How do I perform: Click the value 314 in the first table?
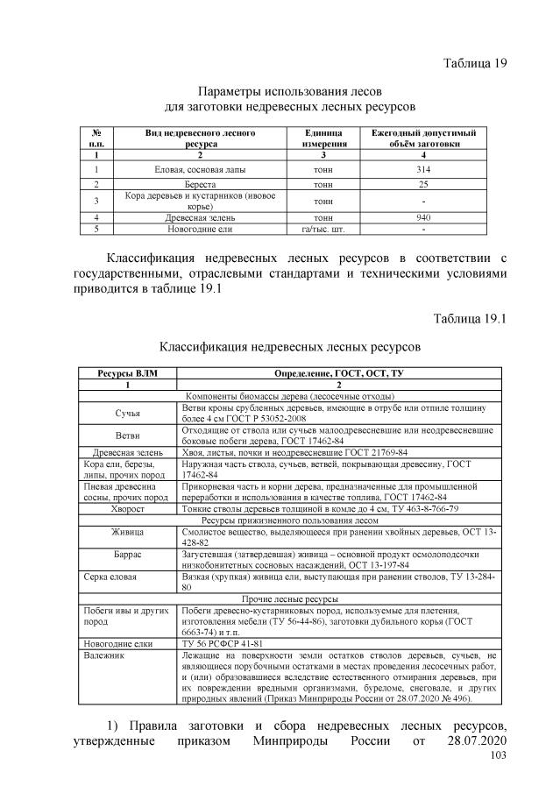(422, 168)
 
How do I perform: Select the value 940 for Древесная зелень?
(422, 216)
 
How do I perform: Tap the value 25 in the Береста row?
(422, 184)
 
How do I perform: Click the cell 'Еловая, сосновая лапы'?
(201, 168)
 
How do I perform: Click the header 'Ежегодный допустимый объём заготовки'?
(422, 137)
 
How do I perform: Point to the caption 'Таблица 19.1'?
(464, 317)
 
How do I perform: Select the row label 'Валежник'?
(104, 655)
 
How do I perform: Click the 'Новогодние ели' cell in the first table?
(201, 229)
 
